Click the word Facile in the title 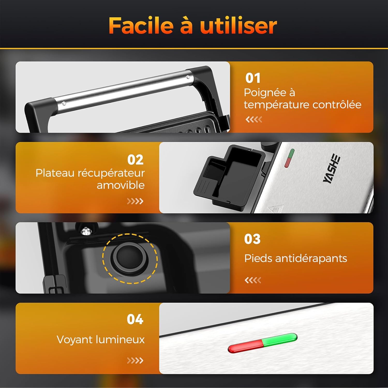[141, 26]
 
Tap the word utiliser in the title [238, 26]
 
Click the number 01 [253, 78]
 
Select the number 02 [135, 160]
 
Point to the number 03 [252, 239]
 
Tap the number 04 [135, 319]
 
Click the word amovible [121, 185]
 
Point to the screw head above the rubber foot [85, 231]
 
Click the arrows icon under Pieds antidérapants [253, 280]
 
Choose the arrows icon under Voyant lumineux [135, 360]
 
